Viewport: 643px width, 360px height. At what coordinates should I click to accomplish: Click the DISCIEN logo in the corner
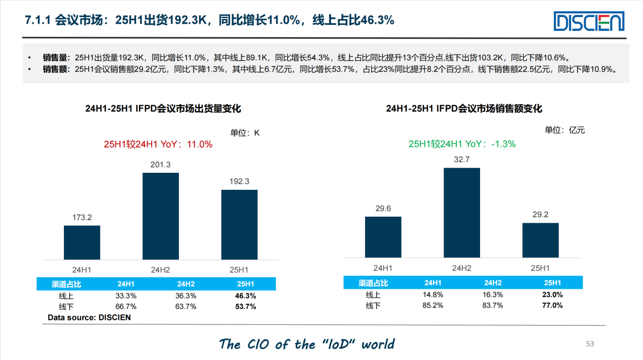tap(589, 22)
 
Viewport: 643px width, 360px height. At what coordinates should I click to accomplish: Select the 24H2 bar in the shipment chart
tap(160, 216)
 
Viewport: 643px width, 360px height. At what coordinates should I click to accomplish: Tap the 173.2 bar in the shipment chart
tap(82, 242)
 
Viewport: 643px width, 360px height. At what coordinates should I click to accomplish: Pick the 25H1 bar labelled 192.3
tap(239, 224)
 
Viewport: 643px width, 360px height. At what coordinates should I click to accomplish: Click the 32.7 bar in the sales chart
tap(461, 212)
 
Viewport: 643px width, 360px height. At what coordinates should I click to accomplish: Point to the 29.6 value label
tap(383, 208)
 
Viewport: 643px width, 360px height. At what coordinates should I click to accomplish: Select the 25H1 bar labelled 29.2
tap(540, 240)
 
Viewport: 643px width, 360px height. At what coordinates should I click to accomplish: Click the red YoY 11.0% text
tap(158, 144)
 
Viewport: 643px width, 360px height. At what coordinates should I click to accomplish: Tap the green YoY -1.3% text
tap(462, 144)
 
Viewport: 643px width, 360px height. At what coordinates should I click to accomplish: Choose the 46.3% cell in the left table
tap(245, 296)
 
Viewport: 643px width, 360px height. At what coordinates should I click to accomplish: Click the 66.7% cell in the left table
tap(126, 306)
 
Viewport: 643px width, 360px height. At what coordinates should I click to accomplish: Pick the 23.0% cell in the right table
tap(552, 295)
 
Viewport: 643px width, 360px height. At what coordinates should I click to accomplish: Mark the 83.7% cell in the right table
tap(493, 305)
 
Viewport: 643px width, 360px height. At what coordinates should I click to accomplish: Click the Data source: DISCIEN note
tap(89, 318)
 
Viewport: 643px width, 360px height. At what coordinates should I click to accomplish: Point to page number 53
tap(590, 343)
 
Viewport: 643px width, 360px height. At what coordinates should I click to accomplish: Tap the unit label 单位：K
tap(244, 133)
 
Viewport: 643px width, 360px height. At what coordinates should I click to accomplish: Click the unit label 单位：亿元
tap(565, 130)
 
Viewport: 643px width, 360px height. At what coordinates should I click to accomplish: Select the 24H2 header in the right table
tap(493, 283)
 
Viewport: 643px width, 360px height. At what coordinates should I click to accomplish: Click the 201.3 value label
tap(160, 165)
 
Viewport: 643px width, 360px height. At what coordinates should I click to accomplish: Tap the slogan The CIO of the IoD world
tap(307, 344)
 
